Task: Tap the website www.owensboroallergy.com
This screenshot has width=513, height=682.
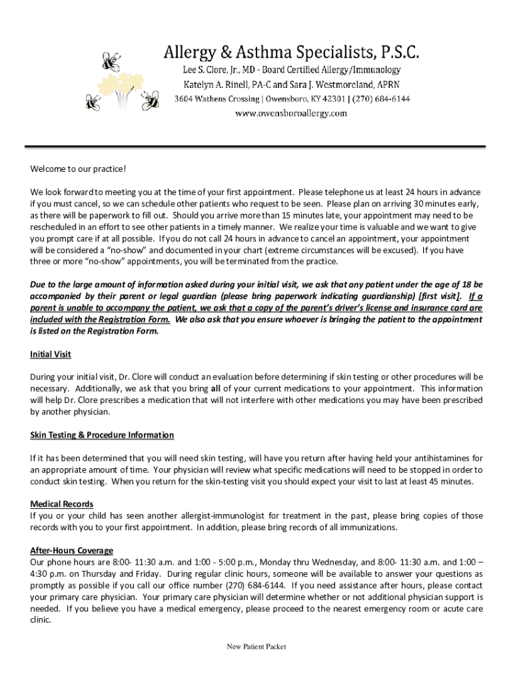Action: pyautogui.click(x=292, y=113)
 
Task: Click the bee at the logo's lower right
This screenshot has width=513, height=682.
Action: pyautogui.click(x=152, y=102)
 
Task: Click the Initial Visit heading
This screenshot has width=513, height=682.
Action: pyautogui.click(x=50, y=354)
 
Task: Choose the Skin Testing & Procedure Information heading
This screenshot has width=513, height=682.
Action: pyautogui.click(x=102, y=435)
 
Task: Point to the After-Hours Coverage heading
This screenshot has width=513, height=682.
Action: pyautogui.click(x=71, y=551)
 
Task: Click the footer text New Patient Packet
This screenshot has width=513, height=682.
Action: pyautogui.click(x=256, y=647)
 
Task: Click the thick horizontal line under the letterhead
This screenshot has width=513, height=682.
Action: pyautogui.click(x=256, y=146)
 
